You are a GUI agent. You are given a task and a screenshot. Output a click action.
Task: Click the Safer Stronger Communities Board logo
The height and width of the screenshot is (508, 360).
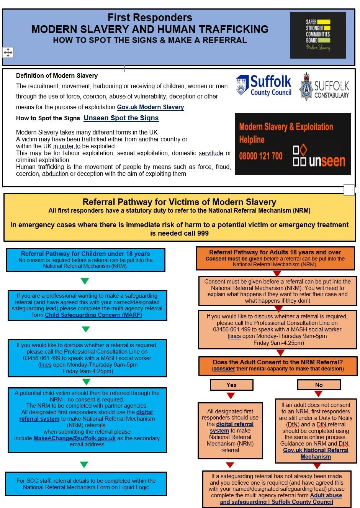point(318,35)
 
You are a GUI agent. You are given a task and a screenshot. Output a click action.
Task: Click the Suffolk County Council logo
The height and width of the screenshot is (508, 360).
point(263,85)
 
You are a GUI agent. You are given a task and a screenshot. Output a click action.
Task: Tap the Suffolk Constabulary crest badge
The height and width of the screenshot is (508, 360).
point(306,87)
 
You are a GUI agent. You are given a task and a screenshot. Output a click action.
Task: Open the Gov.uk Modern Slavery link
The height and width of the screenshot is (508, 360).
point(150,107)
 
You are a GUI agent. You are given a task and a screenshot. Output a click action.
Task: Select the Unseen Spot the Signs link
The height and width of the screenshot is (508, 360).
point(121,118)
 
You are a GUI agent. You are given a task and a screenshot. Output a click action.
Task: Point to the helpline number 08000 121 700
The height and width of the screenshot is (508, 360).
point(261,156)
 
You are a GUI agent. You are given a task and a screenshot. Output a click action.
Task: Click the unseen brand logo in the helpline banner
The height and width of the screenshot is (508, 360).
point(319,156)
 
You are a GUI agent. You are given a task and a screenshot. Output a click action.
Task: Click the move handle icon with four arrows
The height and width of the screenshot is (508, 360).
point(8,52)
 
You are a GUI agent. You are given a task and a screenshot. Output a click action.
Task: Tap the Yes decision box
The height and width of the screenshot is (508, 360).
point(231,385)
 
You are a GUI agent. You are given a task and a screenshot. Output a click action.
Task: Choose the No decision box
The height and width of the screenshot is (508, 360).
point(319,385)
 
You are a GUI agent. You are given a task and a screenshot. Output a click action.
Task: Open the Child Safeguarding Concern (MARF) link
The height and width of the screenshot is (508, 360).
point(93,315)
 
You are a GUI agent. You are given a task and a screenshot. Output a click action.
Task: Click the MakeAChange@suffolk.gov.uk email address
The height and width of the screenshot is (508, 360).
point(75,438)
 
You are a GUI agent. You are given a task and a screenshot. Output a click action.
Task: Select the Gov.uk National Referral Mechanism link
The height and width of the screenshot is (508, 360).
point(316,453)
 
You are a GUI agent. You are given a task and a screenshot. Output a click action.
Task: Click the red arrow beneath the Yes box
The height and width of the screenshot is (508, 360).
point(231,395)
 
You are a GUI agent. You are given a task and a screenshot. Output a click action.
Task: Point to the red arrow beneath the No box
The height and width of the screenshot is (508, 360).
point(319,394)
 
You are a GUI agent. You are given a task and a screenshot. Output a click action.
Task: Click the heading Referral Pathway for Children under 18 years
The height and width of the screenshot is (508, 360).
point(85,254)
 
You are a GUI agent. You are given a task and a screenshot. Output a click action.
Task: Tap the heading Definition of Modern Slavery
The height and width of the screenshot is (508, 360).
point(57,75)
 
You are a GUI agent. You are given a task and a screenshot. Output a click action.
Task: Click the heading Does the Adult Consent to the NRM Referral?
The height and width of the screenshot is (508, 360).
point(278,362)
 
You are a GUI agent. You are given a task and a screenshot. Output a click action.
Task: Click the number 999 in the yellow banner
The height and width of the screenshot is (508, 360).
point(203,233)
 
